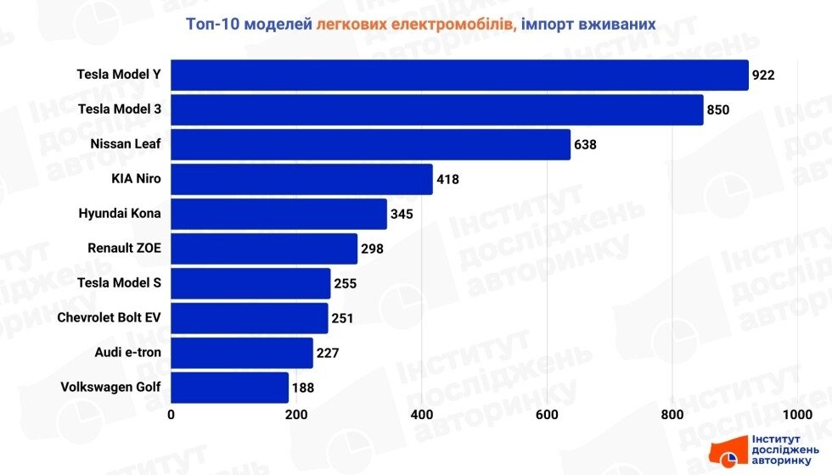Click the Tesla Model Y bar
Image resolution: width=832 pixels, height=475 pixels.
tap(459, 75)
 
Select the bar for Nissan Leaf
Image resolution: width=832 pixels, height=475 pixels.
tap(370, 144)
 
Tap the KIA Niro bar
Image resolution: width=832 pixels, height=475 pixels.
tap(301, 179)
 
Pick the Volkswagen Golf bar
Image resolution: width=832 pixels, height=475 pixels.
tap(229, 388)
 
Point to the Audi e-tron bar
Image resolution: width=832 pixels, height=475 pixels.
tap(242, 353)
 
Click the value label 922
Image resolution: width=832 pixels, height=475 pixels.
tap(763, 75)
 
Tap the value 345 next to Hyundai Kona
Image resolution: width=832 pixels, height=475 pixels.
tap(401, 214)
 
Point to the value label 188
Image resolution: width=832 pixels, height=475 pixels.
tap(302, 388)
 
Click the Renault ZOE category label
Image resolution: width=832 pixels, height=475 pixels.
tap(124, 249)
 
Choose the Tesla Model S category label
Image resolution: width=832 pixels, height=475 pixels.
tap(118, 283)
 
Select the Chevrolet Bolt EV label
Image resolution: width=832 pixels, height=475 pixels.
tap(109, 318)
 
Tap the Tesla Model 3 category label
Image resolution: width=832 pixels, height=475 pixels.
tap(119, 109)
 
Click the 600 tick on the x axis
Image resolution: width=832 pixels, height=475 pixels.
tap(547, 415)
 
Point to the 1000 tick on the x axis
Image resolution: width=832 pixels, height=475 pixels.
tap(797, 415)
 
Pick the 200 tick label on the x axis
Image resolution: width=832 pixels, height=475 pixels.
tap(296, 415)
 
